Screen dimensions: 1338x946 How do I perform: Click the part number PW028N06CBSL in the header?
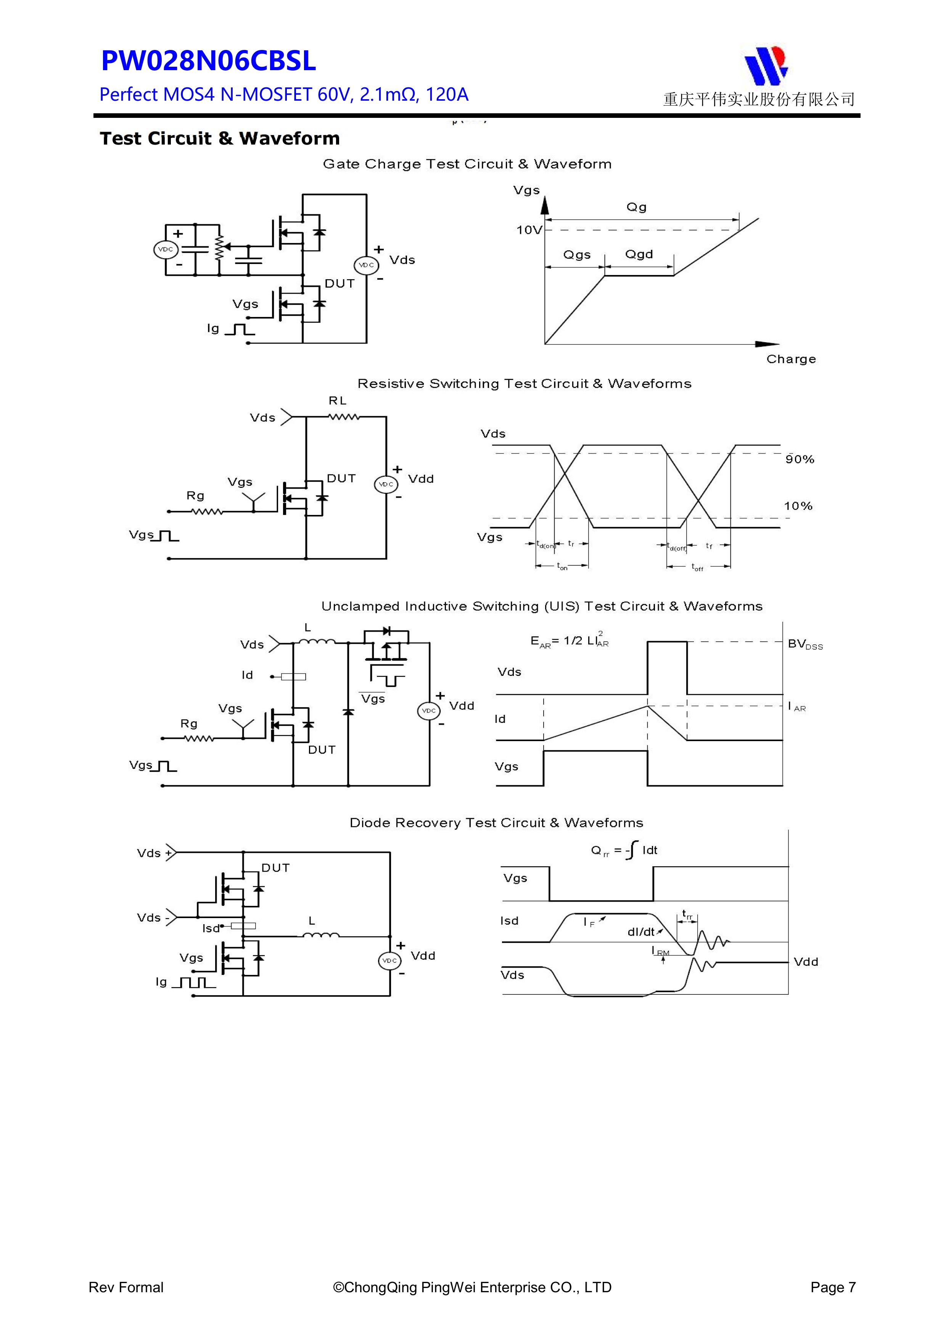coord(208,61)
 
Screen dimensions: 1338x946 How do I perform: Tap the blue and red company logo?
coord(766,65)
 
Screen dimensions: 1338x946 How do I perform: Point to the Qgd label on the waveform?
coord(639,254)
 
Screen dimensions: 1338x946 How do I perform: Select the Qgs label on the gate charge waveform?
coord(576,255)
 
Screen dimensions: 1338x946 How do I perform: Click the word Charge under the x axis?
coord(790,359)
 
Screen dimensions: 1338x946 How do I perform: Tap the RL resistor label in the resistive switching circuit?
coord(338,400)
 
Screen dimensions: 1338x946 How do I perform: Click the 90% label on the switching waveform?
coord(799,459)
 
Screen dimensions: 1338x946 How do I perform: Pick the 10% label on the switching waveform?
coord(798,506)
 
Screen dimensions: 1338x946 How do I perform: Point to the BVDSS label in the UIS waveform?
coord(805,644)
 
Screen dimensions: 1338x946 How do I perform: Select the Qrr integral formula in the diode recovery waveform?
coord(624,850)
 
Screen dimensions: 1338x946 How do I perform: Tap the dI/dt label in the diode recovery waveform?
coord(641,932)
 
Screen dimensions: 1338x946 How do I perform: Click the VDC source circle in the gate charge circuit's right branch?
coord(366,265)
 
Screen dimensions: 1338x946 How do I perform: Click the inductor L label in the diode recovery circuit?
coord(312,921)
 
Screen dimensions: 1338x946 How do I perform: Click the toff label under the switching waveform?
coord(697,567)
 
